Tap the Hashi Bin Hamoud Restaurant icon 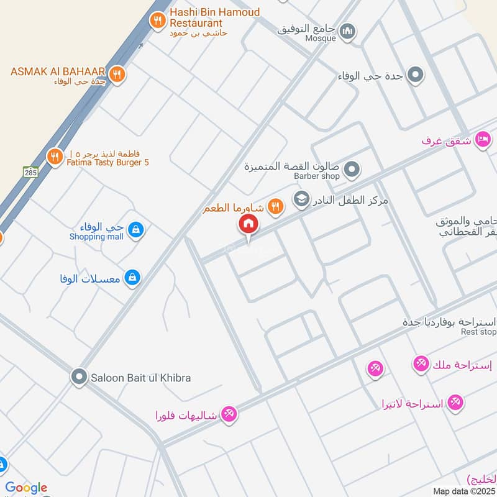click(158, 21)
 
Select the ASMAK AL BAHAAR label click(57, 71)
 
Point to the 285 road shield click(30, 171)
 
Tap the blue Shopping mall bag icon click(135, 230)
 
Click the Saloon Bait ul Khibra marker click(79, 376)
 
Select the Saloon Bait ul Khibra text click(141, 378)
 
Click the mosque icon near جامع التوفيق click(348, 30)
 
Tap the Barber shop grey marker click(352, 168)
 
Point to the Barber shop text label click(317, 176)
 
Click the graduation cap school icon click(301, 200)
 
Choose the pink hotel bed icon click(482, 140)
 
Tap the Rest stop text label click(478, 332)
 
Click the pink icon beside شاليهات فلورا click(229, 414)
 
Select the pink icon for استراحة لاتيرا click(455, 403)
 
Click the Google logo click(26, 488)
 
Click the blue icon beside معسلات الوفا click(132, 278)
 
